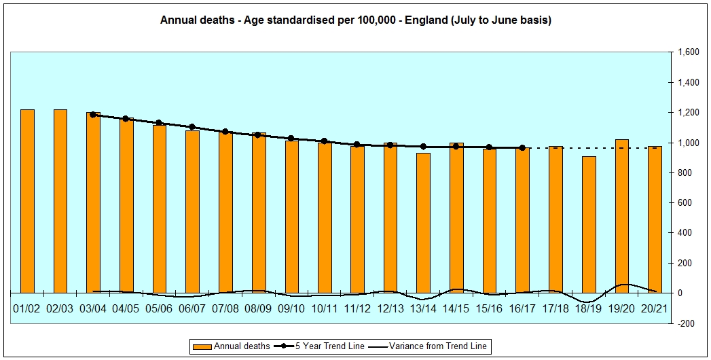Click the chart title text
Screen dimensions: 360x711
point(355,20)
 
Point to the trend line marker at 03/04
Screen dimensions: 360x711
point(93,115)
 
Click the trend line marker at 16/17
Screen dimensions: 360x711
point(522,147)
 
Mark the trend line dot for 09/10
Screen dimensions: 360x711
point(291,139)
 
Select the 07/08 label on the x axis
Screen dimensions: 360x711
point(225,308)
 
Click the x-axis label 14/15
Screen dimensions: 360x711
point(456,308)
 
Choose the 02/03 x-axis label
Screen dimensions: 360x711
point(60,308)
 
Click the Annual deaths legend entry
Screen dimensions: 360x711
point(234,346)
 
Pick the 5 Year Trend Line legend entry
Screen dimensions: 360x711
point(325,346)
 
